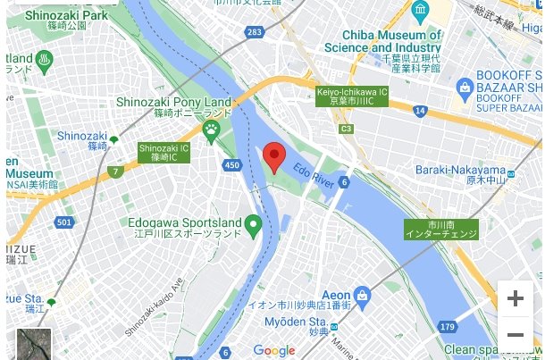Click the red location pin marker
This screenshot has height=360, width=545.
pyautogui.click(x=274, y=157)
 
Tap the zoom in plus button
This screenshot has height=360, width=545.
pyautogui.click(x=515, y=298)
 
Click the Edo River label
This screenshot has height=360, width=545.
pyautogui.click(x=313, y=170)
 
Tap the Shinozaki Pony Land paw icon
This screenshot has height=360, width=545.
pyautogui.click(x=211, y=131)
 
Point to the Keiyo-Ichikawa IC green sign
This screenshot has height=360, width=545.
pyautogui.click(x=352, y=96)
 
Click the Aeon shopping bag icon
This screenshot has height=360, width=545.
pyautogui.click(x=362, y=294)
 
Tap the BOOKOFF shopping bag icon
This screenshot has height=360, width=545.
pyautogui.click(x=465, y=87)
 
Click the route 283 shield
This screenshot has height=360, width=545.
pyautogui.click(x=255, y=33)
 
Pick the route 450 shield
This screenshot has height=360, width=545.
pyautogui.click(x=232, y=165)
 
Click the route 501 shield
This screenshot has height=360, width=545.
pyautogui.click(x=63, y=222)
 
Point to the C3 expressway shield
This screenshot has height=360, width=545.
pyautogui.click(x=347, y=129)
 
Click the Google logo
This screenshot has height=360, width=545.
pyautogui.click(x=273, y=350)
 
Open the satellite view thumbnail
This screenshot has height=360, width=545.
pyautogui.click(x=33, y=345)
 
